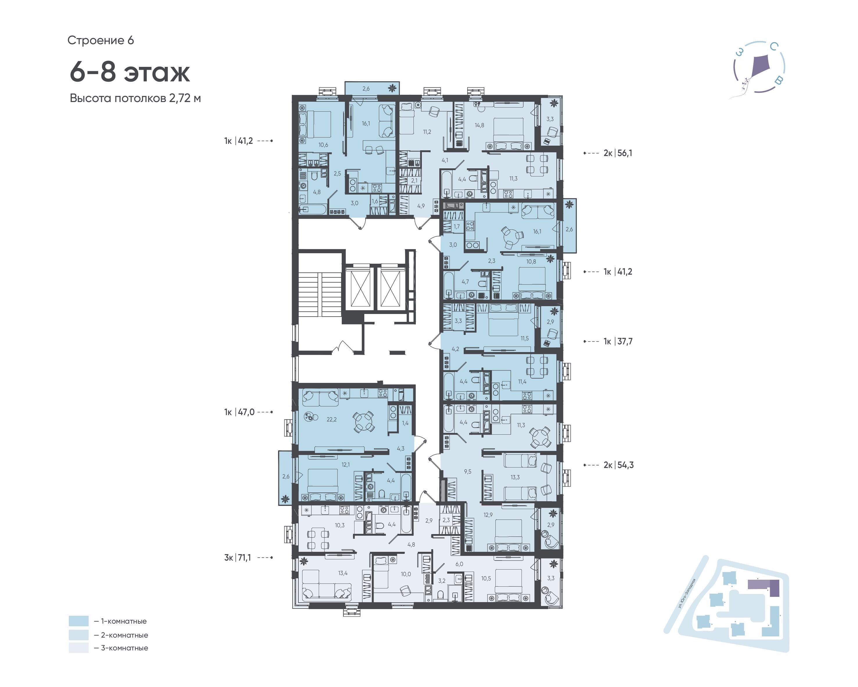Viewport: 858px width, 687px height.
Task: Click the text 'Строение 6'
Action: point(101,40)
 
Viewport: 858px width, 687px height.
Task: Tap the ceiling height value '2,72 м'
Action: point(185,98)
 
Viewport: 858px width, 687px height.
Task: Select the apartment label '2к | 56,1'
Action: point(618,153)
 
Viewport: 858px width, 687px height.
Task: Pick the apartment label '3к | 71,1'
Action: point(238,558)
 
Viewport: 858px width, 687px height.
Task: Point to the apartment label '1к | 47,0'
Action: point(239,412)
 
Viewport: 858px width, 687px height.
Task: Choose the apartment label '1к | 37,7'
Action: point(618,341)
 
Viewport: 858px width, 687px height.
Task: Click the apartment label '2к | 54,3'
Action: point(618,465)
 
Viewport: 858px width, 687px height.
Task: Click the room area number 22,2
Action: point(332,419)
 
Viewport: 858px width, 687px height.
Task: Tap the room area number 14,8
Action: point(479,125)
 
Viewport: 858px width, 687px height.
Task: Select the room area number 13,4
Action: point(343,573)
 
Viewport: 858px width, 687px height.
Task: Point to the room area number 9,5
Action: point(467,472)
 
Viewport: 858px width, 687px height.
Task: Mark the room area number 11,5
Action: point(524,338)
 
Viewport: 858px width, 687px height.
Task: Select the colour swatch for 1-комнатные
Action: point(78,621)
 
